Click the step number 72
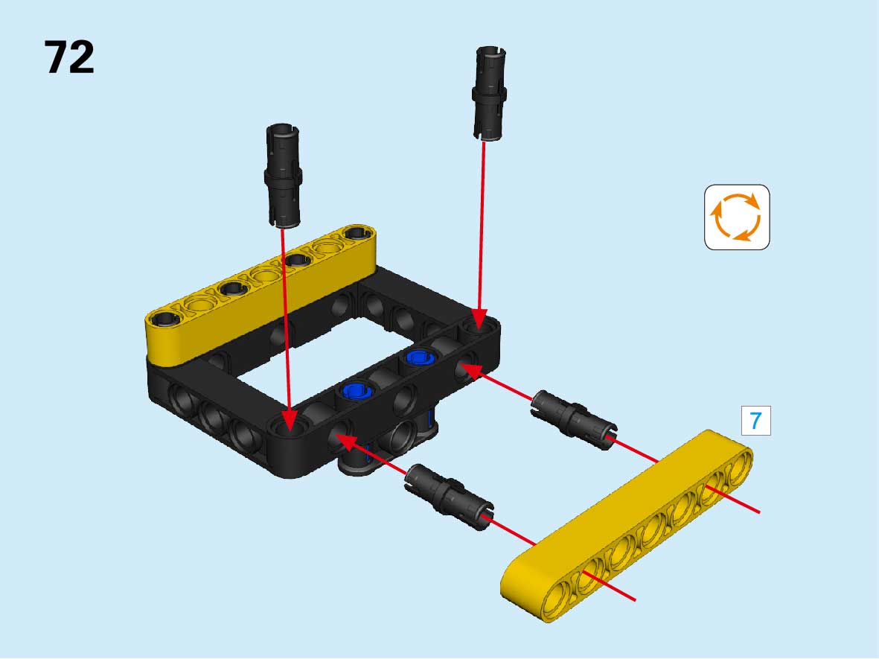click(x=69, y=57)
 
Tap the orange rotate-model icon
click(x=737, y=217)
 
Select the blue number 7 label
click(x=755, y=421)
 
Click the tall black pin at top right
click(x=490, y=93)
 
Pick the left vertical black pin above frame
click(x=283, y=176)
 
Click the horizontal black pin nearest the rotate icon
click(x=574, y=418)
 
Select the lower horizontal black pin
click(x=450, y=496)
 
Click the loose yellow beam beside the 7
click(x=626, y=526)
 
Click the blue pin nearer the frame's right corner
click(x=419, y=357)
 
